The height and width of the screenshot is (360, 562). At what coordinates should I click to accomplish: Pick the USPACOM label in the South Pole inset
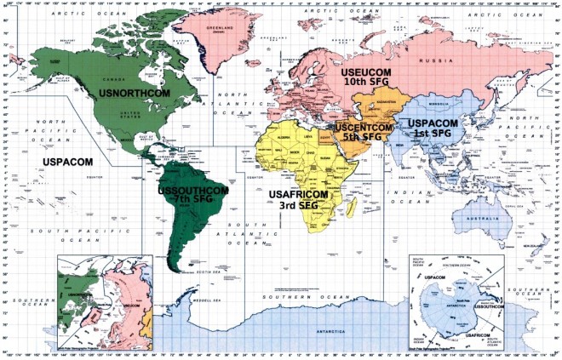[434, 277]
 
